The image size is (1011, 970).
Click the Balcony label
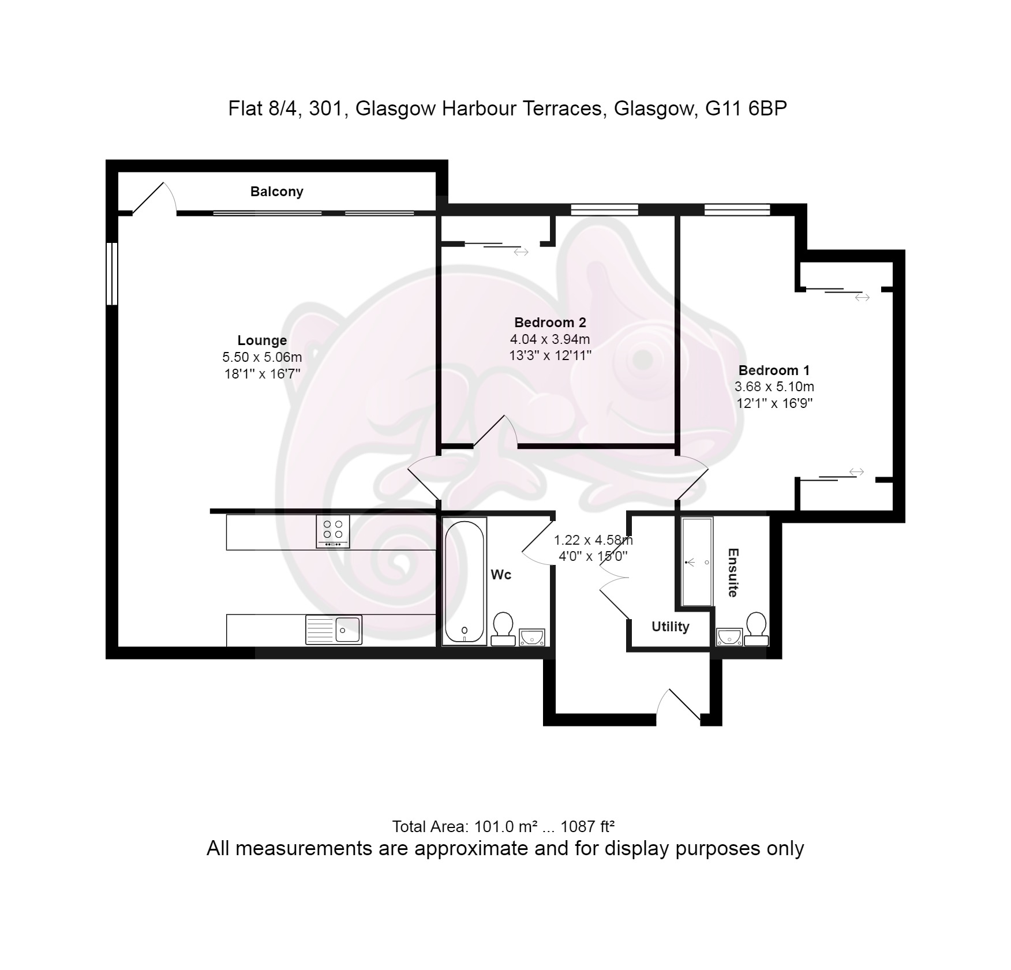[x=276, y=192]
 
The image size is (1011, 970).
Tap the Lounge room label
[x=262, y=340]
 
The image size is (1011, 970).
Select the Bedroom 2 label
[x=550, y=323]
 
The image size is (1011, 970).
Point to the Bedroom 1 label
[x=774, y=370]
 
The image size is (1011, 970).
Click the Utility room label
[x=671, y=627]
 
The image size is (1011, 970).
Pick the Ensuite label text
[x=733, y=572]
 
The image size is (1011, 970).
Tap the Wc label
[x=501, y=575]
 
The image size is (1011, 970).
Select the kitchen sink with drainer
[x=334, y=630]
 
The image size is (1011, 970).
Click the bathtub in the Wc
[x=465, y=581]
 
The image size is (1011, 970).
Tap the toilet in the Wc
[x=503, y=629]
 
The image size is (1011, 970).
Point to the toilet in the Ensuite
[x=756, y=629]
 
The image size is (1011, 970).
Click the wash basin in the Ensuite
[x=729, y=637]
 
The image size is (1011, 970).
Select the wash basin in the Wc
[x=531, y=637]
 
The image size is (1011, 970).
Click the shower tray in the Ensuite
[x=697, y=561]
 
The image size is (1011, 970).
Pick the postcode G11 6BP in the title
[x=747, y=108]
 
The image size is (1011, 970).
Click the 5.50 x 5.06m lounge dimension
[x=262, y=357]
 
